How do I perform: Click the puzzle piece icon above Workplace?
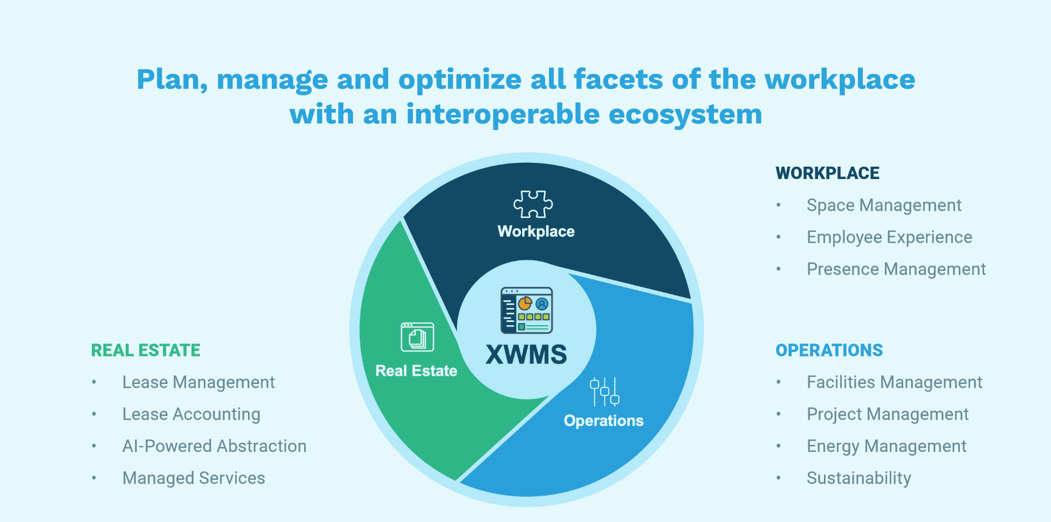click(x=533, y=204)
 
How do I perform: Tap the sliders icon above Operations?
click(x=604, y=391)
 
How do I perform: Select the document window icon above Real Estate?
click(x=417, y=337)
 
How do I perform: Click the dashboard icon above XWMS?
click(x=526, y=310)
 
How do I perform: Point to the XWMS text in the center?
click(x=526, y=355)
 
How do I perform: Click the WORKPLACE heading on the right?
click(x=827, y=173)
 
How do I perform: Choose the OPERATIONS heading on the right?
click(x=829, y=351)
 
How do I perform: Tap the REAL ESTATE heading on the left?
click(x=146, y=351)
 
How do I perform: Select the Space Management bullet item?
click(x=884, y=205)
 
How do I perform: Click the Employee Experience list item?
click(x=889, y=237)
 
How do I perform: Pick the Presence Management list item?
click(x=896, y=269)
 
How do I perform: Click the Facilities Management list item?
click(x=894, y=382)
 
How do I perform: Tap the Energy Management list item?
click(x=887, y=447)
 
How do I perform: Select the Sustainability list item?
click(x=858, y=478)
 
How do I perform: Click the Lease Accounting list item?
click(x=191, y=414)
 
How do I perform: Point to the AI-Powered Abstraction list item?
click(x=214, y=447)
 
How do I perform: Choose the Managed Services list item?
click(x=194, y=478)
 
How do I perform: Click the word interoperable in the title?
click(x=503, y=114)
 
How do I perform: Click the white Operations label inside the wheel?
click(x=603, y=421)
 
